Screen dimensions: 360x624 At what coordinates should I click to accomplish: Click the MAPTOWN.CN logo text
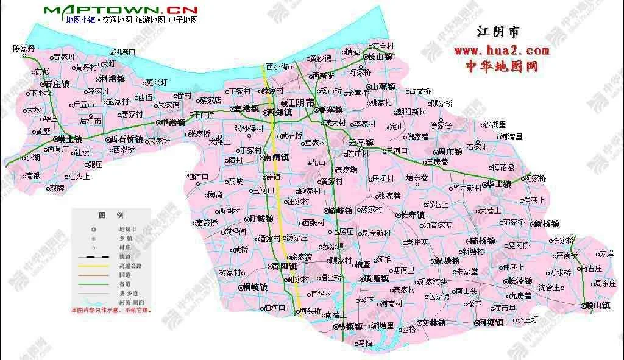point(121,10)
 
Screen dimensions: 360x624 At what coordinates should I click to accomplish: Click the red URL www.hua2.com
point(502,50)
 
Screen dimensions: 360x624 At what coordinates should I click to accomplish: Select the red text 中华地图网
point(502,65)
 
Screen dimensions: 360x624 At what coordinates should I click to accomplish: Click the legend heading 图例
point(111,216)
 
